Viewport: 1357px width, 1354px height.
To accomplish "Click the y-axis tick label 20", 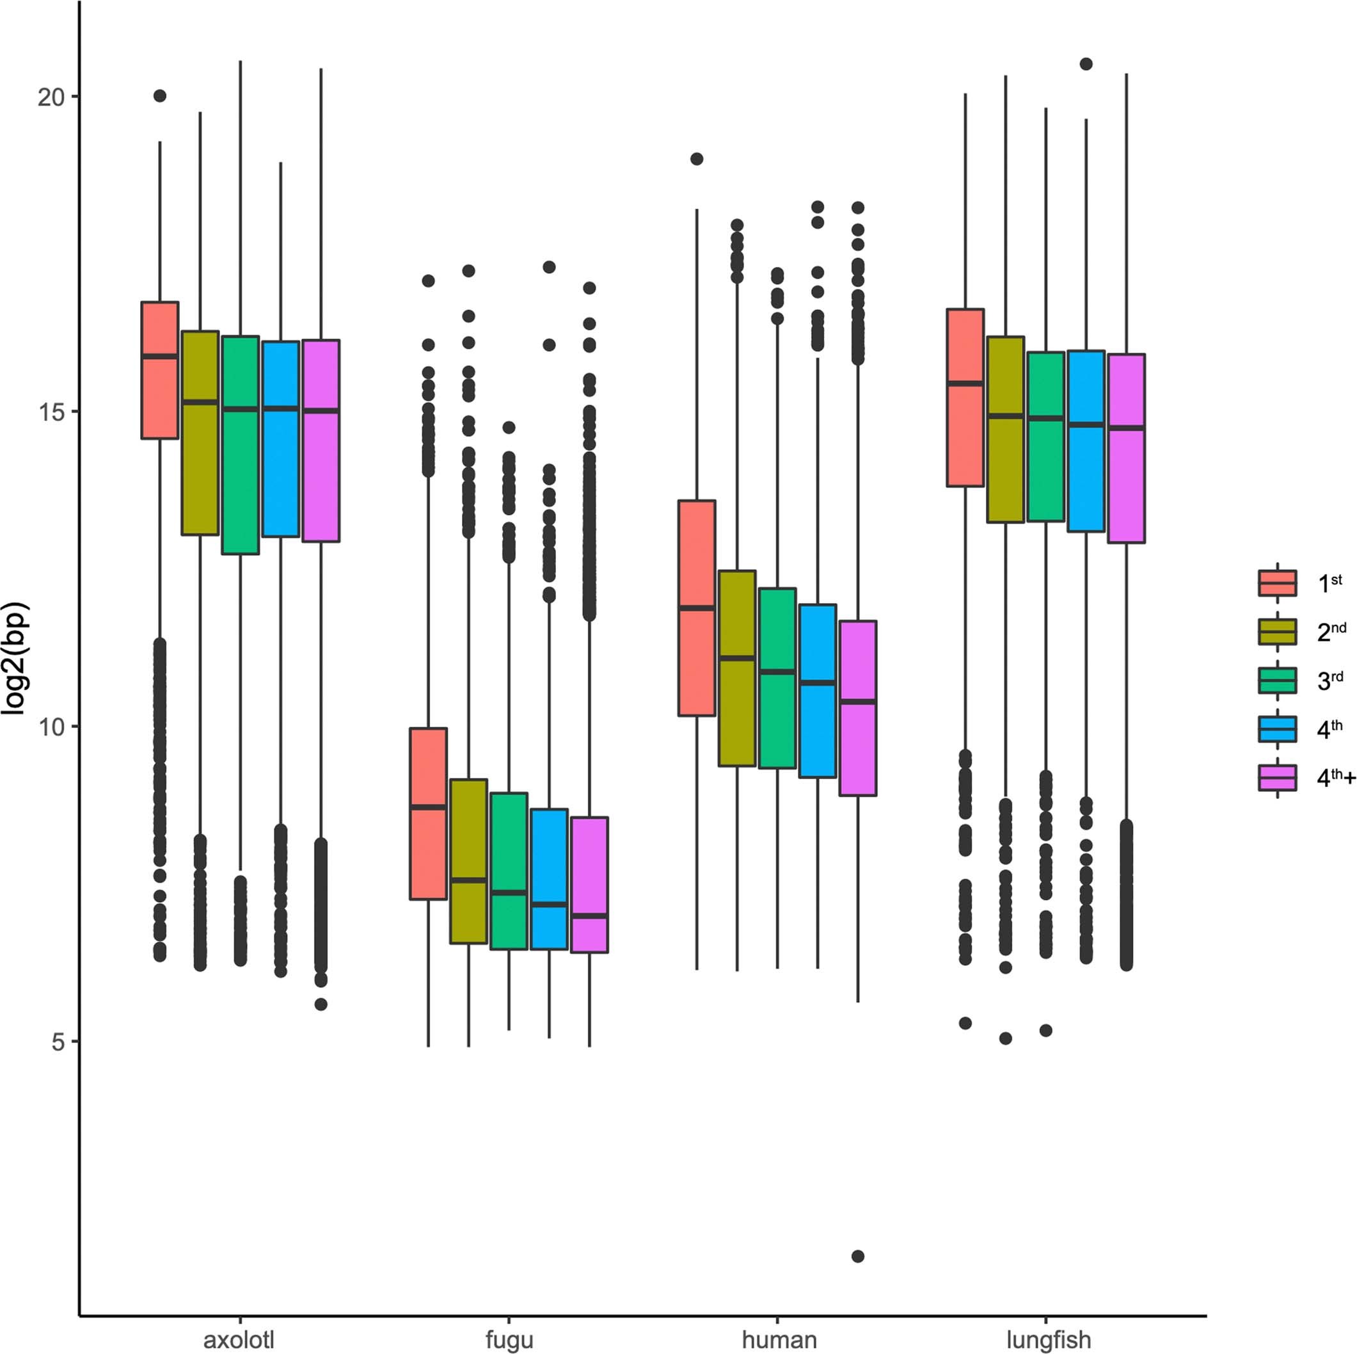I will [x=51, y=97].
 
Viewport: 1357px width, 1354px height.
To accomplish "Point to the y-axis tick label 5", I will [x=58, y=1042].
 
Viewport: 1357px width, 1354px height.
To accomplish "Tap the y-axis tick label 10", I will [x=51, y=727].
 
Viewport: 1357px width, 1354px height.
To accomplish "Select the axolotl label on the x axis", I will [x=239, y=1339].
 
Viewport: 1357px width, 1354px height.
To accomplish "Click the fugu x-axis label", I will [x=509, y=1339].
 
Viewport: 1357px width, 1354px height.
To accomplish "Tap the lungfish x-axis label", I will [x=1048, y=1339].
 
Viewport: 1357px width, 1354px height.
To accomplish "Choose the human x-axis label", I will [x=779, y=1339].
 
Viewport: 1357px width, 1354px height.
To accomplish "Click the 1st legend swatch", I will [x=1277, y=583].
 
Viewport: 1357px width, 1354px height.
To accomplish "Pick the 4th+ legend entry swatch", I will [x=1277, y=778].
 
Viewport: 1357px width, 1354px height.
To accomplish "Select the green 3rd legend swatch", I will [x=1277, y=680].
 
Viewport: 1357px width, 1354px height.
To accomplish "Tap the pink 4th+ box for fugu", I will [x=589, y=885].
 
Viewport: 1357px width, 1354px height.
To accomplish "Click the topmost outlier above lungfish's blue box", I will [x=1086, y=64].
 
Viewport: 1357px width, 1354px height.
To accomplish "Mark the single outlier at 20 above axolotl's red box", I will [x=160, y=96].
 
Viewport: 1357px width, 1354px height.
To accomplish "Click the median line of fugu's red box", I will [x=429, y=807].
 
